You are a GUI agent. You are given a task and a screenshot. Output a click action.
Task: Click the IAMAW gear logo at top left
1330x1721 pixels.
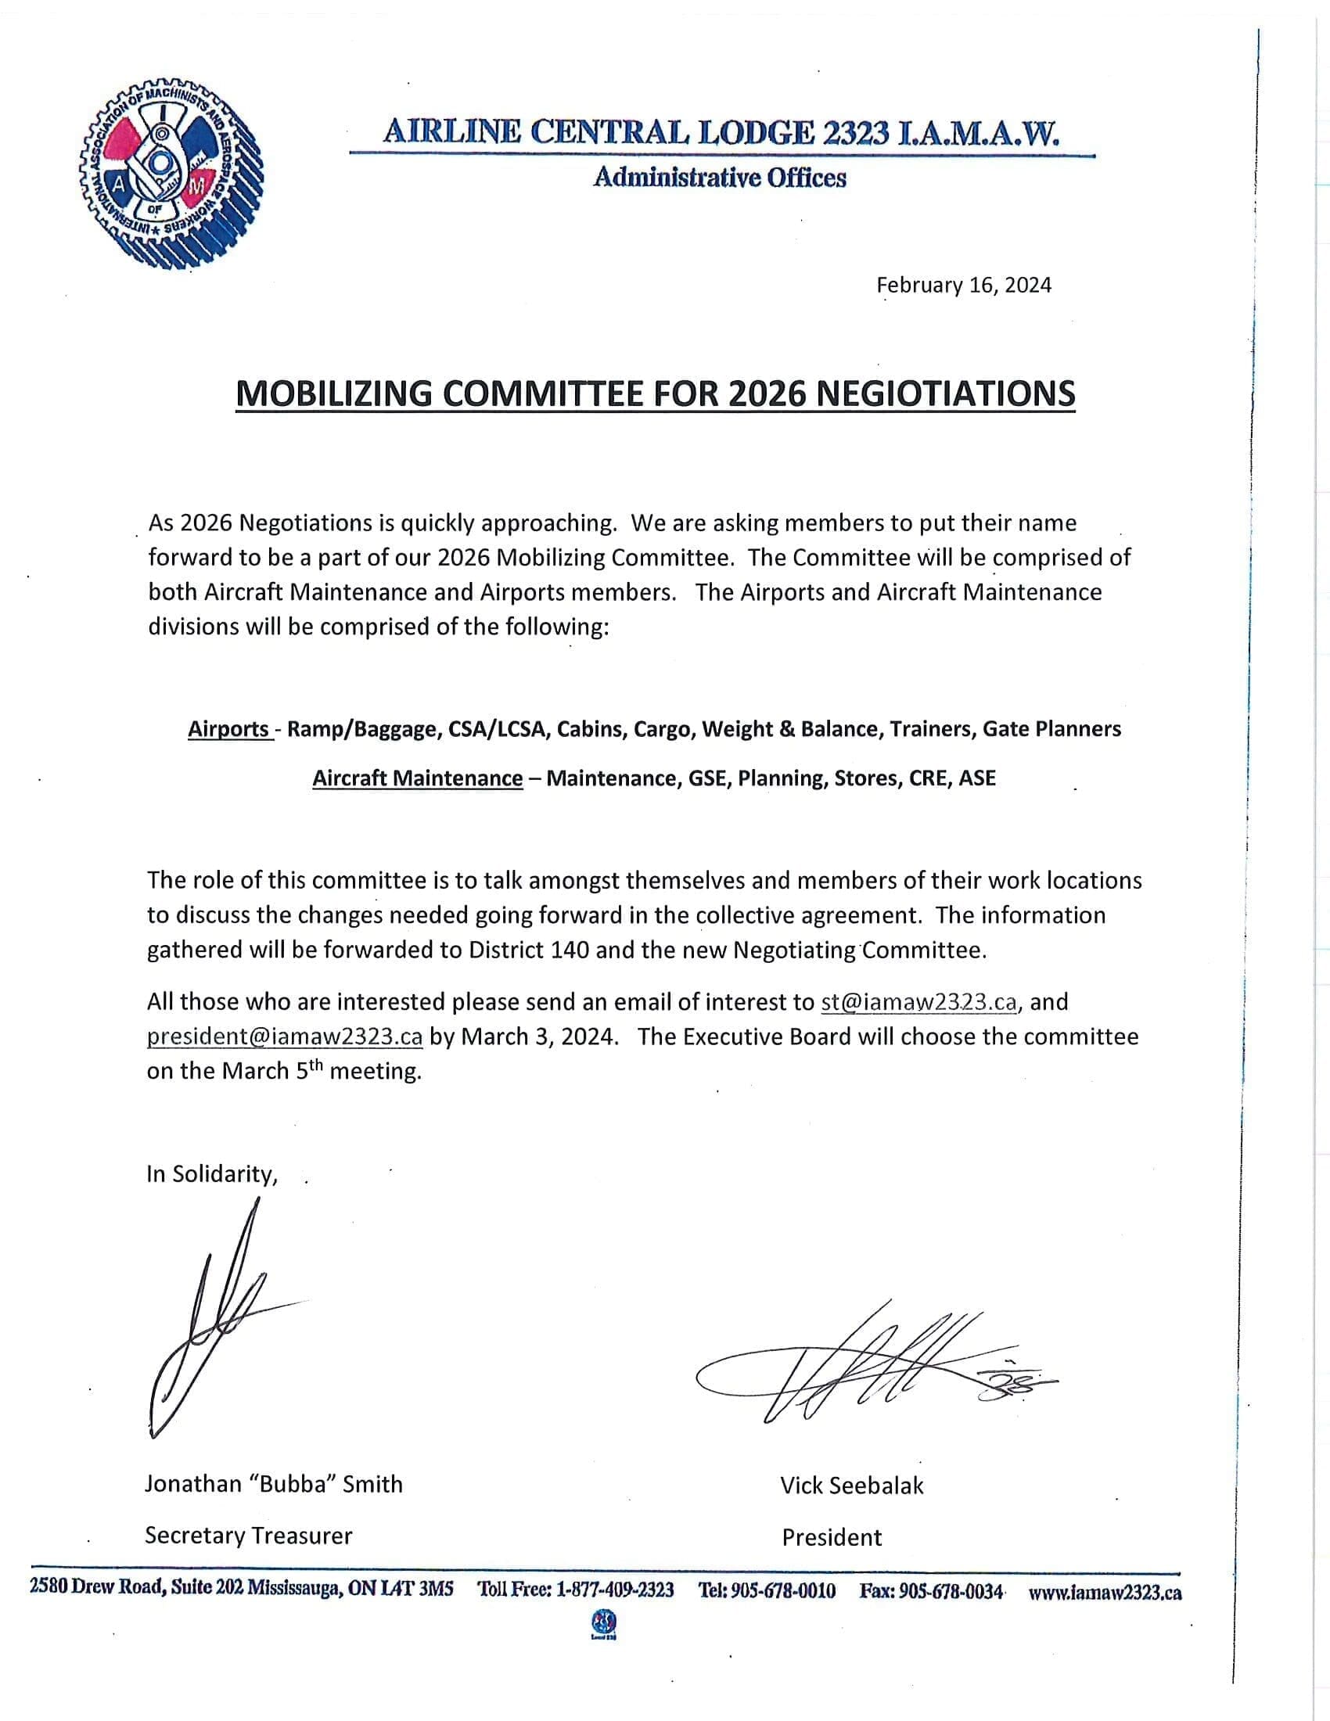click(172, 174)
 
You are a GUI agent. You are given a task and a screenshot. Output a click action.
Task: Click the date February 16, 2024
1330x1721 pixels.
click(964, 286)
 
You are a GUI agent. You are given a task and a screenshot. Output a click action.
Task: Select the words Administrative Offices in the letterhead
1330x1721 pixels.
click(719, 178)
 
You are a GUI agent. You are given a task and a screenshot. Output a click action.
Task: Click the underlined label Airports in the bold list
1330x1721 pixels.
click(228, 729)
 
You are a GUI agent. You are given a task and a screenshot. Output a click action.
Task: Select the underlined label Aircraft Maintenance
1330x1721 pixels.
click(418, 778)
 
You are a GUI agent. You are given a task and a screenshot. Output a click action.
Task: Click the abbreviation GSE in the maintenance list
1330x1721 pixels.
click(707, 778)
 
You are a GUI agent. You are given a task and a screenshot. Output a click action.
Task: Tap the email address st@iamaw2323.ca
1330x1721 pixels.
click(918, 1002)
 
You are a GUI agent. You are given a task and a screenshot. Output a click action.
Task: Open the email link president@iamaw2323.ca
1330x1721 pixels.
click(285, 1037)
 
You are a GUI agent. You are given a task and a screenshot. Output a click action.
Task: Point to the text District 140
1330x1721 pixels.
click(529, 950)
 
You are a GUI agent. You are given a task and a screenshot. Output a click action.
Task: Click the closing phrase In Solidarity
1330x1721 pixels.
click(212, 1174)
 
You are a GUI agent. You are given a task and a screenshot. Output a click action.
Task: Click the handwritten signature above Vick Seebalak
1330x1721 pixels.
click(875, 1367)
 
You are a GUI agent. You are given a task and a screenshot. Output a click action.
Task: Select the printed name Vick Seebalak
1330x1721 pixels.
click(852, 1486)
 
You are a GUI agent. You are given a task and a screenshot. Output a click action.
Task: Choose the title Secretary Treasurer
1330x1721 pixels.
click(248, 1535)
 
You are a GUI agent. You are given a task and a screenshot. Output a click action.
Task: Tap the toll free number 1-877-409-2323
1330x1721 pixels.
click(615, 1590)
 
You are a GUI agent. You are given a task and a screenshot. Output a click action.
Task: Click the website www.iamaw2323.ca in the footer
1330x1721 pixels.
click(1105, 1592)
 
